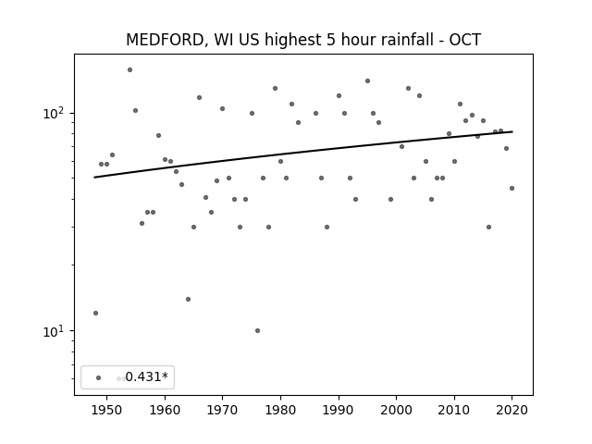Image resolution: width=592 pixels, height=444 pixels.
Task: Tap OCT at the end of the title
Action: (464, 40)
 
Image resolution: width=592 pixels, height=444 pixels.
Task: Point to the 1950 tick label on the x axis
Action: (106, 410)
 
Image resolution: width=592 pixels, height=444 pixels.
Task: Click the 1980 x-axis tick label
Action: (280, 410)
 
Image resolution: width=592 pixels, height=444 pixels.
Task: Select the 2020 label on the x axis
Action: (512, 410)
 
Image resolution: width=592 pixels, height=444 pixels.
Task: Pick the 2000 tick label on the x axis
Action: (397, 410)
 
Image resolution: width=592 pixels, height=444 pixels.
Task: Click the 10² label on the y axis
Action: (56, 113)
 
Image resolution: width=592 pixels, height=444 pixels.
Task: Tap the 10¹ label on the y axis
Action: (56, 331)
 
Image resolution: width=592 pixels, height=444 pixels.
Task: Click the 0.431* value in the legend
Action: (146, 376)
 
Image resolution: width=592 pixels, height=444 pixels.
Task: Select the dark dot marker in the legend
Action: (99, 377)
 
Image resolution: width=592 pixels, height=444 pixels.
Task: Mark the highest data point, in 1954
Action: (129, 70)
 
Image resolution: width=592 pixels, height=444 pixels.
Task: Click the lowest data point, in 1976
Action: (257, 331)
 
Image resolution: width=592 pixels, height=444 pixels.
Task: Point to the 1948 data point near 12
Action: (95, 313)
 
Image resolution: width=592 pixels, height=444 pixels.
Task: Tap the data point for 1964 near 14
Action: (188, 300)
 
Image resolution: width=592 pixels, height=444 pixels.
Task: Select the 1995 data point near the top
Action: (368, 80)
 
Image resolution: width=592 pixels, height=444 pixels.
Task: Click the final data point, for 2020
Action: (512, 188)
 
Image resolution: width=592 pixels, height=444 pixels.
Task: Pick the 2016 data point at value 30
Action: (489, 227)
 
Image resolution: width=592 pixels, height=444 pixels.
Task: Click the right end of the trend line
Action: (512, 131)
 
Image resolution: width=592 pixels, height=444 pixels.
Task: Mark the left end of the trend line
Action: (94, 177)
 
